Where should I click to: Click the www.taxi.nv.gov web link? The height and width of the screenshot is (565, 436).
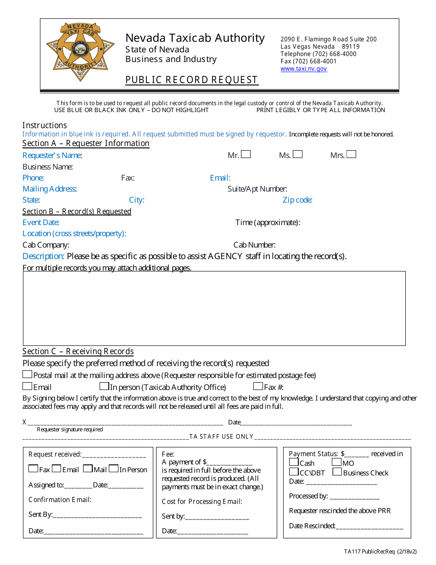tap(303, 68)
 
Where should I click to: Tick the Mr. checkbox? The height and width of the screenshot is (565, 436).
tap(246, 154)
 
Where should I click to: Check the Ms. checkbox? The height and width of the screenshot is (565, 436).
tap(297, 154)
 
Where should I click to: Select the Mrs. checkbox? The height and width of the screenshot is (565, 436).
tap(351, 154)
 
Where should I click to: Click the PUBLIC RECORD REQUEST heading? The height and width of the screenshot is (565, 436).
tap(192, 80)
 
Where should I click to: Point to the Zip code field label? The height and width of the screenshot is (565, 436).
tap(297, 200)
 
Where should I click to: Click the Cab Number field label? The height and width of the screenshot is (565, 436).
tap(254, 245)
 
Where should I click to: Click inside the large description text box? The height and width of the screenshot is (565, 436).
tap(214, 308)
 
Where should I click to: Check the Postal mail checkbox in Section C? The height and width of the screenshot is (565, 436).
tap(28, 374)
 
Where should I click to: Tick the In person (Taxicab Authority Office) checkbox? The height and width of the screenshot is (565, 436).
tap(104, 386)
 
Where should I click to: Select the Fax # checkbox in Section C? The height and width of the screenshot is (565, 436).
tap(258, 386)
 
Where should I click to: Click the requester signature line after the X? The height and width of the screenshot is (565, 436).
tap(124, 422)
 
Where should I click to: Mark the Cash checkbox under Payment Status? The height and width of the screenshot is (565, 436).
tap(294, 462)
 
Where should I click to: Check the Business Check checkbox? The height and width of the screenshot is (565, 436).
tap(337, 472)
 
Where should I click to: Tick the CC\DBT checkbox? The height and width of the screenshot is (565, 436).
tap(294, 472)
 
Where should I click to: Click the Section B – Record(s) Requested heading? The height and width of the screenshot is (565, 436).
tap(77, 211)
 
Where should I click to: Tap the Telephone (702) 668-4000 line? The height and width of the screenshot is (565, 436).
tap(318, 54)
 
